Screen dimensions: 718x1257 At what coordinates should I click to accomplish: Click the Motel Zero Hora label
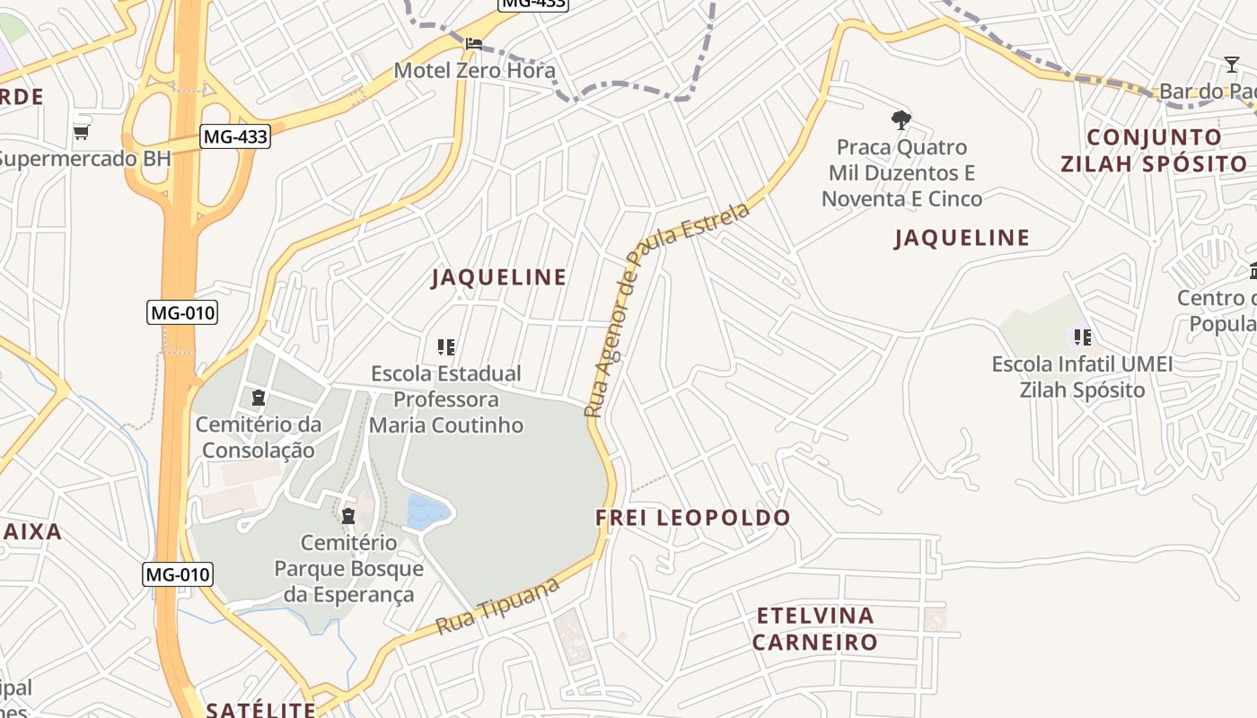click(x=475, y=70)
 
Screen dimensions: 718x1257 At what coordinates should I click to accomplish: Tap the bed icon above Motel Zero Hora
click(x=474, y=42)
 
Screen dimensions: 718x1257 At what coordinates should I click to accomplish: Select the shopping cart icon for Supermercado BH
click(x=82, y=132)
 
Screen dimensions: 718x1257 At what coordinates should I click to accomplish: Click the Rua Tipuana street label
click(x=498, y=608)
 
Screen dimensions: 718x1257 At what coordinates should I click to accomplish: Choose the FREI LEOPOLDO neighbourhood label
click(x=693, y=518)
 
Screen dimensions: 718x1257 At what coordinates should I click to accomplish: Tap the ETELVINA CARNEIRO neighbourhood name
click(x=814, y=628)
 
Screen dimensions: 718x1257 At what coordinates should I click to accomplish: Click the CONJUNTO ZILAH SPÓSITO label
click(x=1154, y=150)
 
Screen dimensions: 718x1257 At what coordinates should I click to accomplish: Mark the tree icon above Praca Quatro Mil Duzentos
click(x=901, y=119)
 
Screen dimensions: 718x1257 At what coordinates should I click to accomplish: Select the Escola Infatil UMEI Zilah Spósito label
click(x=1082, y=377)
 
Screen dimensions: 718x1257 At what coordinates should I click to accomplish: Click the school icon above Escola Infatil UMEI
click(x=1083, y=337)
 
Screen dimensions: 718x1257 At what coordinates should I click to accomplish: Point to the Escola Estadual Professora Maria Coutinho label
click(x=446, y=398)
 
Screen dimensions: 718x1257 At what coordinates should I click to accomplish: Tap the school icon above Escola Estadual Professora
click(x=445, y=346)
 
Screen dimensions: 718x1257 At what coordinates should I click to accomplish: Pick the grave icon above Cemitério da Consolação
click(x=259, y=397)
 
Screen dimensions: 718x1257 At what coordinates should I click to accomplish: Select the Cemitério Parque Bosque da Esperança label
click(x=348, y=568)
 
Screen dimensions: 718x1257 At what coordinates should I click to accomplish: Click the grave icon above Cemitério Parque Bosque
click(x=348, y=515)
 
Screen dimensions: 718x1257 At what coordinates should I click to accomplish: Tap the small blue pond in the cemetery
click(x=427, y=512)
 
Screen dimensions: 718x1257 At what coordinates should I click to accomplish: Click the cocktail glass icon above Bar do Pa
click(x=1232, y=64)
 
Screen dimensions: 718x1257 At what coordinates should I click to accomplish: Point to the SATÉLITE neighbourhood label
click(x=260, y=710)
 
